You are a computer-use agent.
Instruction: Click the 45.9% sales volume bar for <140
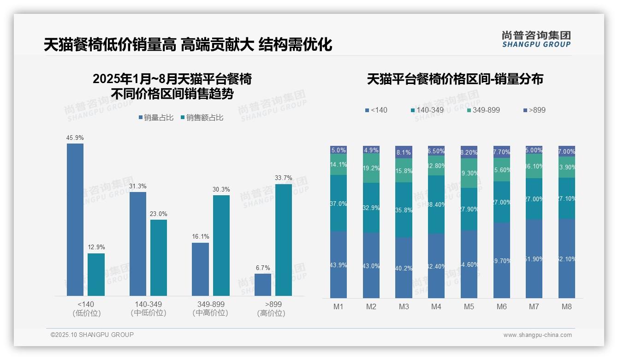pos(75,219)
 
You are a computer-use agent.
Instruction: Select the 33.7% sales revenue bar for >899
pos(284,240)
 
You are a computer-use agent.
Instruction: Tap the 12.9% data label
pos(96,247)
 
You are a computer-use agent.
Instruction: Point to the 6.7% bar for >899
pos(263,285)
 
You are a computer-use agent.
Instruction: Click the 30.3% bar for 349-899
pos(221,246)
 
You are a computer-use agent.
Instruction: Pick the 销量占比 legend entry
pos(156,118)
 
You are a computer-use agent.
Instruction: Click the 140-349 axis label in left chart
pos(149,308)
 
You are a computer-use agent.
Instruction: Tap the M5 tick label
pos(469,307)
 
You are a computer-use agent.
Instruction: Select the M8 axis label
pos(567,307)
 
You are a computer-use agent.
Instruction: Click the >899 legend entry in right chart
pos(535,110)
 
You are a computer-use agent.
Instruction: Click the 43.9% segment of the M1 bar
pos(339,264)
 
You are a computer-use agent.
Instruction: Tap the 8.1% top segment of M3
pos(404,152)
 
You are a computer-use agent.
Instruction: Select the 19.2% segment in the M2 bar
pos(371,168)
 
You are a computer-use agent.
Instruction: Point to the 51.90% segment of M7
pos(534,258)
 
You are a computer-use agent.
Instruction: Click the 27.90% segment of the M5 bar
pos(469,209)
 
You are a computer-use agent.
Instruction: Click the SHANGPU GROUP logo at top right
pos(536,39)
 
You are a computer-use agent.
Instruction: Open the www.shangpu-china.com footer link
pos(537,335)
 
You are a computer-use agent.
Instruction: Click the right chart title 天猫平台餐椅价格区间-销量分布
pos(455,79)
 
